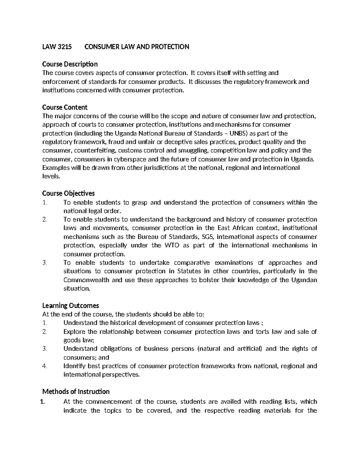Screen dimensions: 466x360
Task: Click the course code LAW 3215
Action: tap(57, 47)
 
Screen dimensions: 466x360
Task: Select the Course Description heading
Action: tap(70, 64)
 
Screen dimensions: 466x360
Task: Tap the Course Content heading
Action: tap(65, 107)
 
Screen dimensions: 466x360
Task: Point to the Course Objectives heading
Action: tap(68, 193)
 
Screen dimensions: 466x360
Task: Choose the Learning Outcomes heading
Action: tap(70, 305)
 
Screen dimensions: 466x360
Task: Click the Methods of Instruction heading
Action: tap(76, 392)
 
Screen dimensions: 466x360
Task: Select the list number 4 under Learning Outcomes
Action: tap(45, 366)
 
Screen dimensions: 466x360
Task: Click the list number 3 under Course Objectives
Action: tap(45, 263)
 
